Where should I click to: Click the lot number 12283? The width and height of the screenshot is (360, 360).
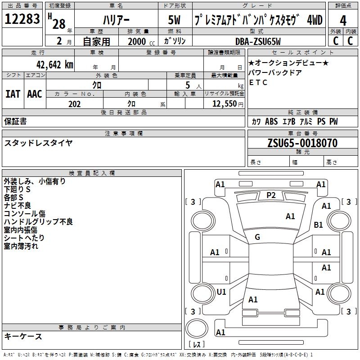click(22, 19)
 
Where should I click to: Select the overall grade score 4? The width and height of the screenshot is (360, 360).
click(343, 20)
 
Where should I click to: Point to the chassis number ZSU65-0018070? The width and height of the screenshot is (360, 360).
click(302, 143)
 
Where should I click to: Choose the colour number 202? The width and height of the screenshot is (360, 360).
click(74, 104)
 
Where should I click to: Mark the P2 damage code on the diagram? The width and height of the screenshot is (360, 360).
click(271, 195)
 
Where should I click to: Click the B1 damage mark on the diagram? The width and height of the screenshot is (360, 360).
click(319, 225)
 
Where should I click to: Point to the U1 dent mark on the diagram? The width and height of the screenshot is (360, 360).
click(221, 292)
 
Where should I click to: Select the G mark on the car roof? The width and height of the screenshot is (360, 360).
click(257, 237)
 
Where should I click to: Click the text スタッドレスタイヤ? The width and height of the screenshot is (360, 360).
click(38, 143)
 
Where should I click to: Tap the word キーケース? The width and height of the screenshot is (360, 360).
click(23, 336)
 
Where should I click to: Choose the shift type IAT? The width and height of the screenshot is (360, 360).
click(13, 94)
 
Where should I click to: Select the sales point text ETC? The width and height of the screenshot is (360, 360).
click(258, 82)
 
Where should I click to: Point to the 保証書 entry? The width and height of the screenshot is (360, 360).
click(15, 121)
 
